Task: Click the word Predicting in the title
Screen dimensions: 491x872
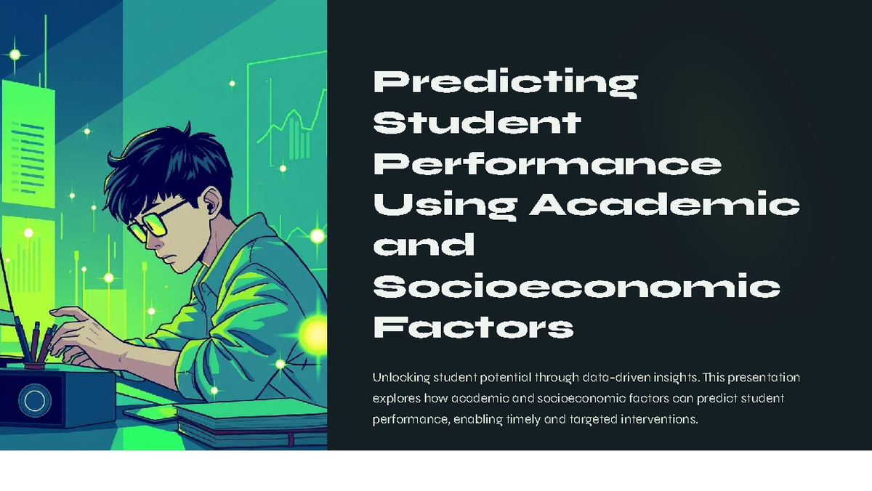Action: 505,83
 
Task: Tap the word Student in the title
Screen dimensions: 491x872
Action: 477,123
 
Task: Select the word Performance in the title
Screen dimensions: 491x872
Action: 547,164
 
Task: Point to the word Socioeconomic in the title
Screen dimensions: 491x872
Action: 576,288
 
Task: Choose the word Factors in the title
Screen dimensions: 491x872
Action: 473,328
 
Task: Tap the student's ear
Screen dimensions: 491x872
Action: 211,203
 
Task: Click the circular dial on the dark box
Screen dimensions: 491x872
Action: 33,400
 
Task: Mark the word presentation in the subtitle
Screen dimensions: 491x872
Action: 764,378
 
